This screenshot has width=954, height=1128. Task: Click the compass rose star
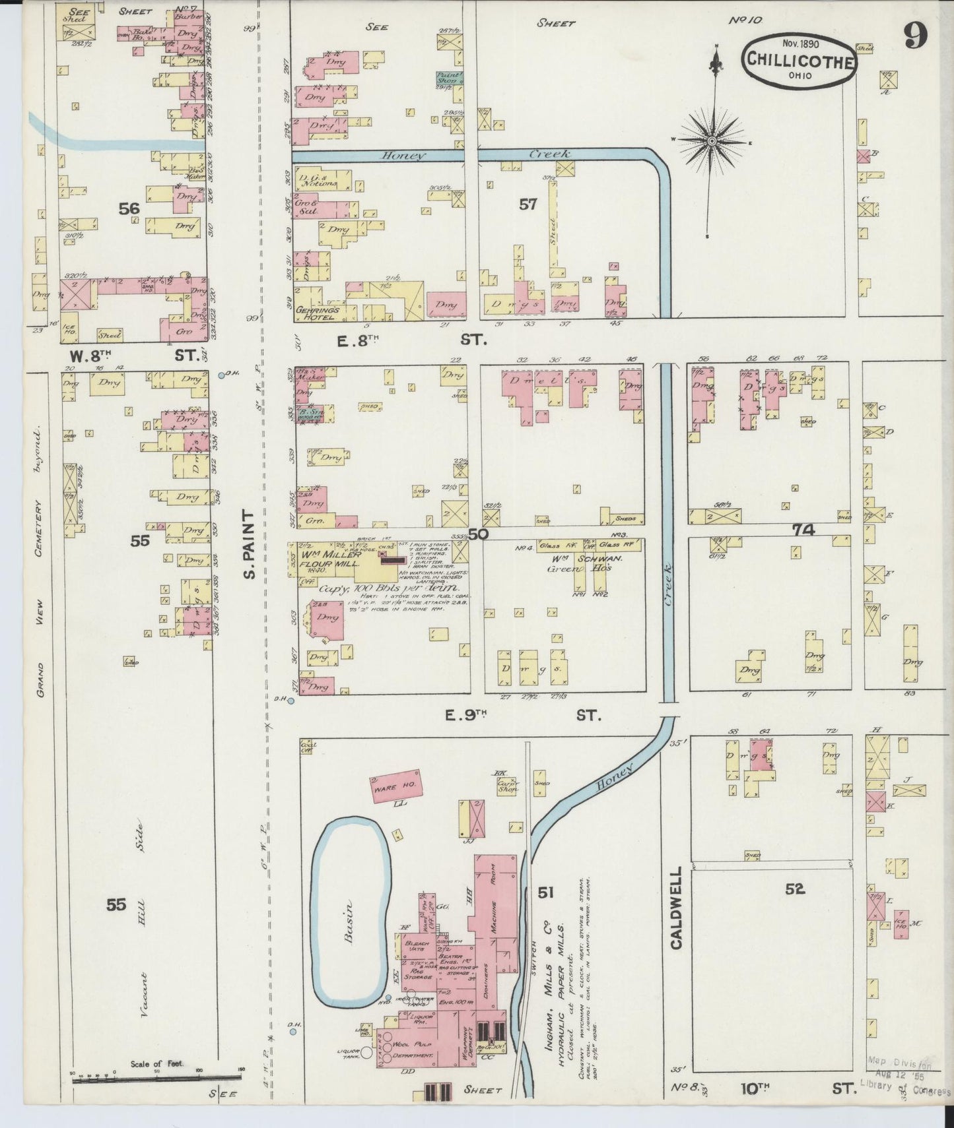(712, 141)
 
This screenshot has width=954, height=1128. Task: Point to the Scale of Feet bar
(156, 1077)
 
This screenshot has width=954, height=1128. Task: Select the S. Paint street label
(249, 545)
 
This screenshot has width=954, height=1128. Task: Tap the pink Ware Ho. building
(395, 785)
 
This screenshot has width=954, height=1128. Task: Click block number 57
(528, 204)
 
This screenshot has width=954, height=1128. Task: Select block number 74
(805, 530)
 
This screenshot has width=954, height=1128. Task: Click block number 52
(796, 889)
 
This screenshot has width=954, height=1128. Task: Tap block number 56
(129, 208)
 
